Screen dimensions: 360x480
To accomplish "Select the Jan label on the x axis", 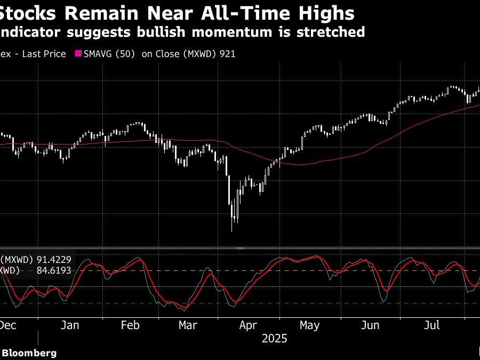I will [x=70, y=325].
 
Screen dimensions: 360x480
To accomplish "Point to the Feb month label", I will [x=131, y=325].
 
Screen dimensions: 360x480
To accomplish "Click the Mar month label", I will [x=187, y=325].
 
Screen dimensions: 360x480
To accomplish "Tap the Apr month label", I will [x=249, y=325].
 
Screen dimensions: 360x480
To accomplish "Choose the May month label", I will [x=309, y=325].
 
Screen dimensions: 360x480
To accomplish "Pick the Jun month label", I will [x=370, y=325].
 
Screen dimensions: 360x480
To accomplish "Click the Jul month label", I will [x=432, y=325].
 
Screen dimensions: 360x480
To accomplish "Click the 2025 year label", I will [x=274, y=339].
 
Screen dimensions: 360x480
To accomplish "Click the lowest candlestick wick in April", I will [x=232, y=229].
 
